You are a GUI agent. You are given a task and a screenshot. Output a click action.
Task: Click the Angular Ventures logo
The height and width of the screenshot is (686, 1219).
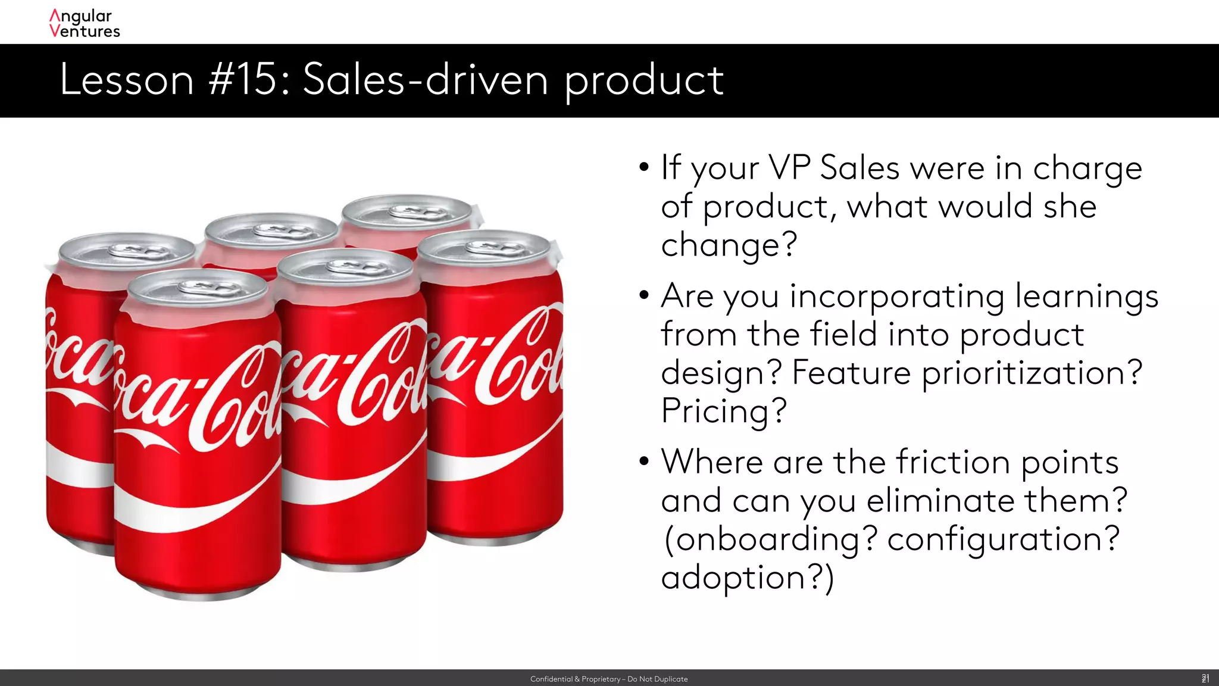click(x=85, y=24)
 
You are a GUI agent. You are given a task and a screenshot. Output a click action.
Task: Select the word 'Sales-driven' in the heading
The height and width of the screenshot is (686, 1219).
click(x=425, y=80)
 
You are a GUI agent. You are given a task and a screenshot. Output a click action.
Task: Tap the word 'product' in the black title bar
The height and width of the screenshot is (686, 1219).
click(x=644, y=81)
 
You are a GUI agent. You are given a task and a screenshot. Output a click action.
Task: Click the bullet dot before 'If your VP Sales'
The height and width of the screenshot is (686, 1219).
click(x=644, y=167)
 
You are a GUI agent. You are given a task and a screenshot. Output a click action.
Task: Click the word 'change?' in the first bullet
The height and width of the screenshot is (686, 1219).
click(x=729, y=245)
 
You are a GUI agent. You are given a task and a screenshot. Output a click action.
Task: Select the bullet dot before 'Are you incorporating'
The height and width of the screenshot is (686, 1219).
click(x=644, y=295)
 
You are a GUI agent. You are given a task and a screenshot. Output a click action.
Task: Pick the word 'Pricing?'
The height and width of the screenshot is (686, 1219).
click(x=724, y=411)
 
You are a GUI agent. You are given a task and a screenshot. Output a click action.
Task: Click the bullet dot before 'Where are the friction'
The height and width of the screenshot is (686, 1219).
click(x=644, y=462)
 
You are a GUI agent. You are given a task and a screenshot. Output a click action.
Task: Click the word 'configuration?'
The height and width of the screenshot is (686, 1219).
click(x=1004, y=540)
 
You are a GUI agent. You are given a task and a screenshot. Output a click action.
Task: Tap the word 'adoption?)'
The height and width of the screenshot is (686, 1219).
click(x=748, y=578)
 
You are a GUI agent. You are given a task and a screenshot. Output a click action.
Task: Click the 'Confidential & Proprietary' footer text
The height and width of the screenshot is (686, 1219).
click(x=608, y=679)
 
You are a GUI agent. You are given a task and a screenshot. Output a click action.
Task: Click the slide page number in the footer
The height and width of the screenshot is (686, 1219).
click(x=1205, y=678)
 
